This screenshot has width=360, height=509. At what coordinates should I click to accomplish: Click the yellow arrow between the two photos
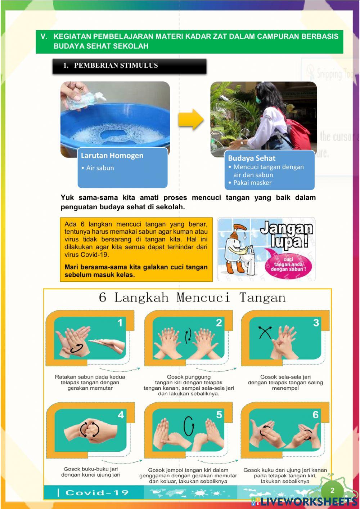point(190,119)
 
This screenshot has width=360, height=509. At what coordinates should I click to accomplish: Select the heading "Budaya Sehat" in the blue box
point(251,158)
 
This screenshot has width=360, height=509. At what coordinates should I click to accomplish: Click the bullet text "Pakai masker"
point(252,183)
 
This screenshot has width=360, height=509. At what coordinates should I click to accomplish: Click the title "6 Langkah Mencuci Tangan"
point(192,298)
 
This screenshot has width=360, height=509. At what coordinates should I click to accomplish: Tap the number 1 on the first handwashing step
point(120,323)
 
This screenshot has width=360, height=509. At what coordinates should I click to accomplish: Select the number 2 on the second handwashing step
point(219,323)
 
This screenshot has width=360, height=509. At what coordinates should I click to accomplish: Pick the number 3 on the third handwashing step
point(316,323)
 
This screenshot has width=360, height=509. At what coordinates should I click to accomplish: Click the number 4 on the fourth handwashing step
point(121,415)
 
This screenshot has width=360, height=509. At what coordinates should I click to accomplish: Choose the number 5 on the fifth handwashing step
point(219,415)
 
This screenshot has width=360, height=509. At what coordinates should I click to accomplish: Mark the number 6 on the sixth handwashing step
point(315,415)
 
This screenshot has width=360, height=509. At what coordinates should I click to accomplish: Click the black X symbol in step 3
point(265,332)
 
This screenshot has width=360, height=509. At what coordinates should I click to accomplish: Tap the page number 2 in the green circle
point(332,490)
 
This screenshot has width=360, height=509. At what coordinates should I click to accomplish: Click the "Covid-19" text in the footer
point(97,492)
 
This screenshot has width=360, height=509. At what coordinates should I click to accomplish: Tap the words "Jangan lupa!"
point(287,234)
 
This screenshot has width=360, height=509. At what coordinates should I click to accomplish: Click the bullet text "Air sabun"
point(100,168)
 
